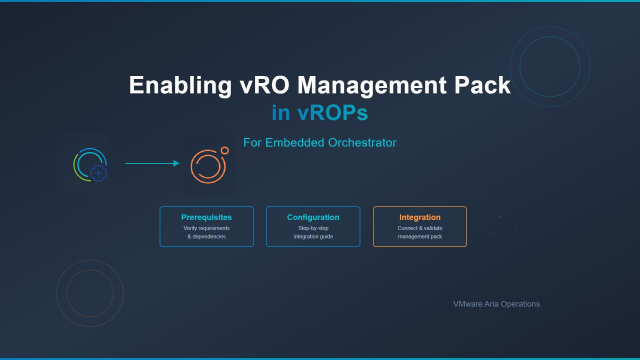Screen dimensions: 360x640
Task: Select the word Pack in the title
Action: point(481,86)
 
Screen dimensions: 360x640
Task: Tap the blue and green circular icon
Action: point(89,164)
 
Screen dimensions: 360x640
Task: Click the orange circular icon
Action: point(209,165)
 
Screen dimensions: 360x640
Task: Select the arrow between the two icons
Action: point(151,163)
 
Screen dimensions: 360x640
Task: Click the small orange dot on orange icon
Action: point(225,151)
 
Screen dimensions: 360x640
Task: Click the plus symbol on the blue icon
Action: point(99,173)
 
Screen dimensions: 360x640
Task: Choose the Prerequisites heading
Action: point(206,217)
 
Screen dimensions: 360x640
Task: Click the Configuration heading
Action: point(313,217)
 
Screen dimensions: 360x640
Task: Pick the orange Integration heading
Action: point(419,217)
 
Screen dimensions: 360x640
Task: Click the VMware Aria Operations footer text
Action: point(496,303)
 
